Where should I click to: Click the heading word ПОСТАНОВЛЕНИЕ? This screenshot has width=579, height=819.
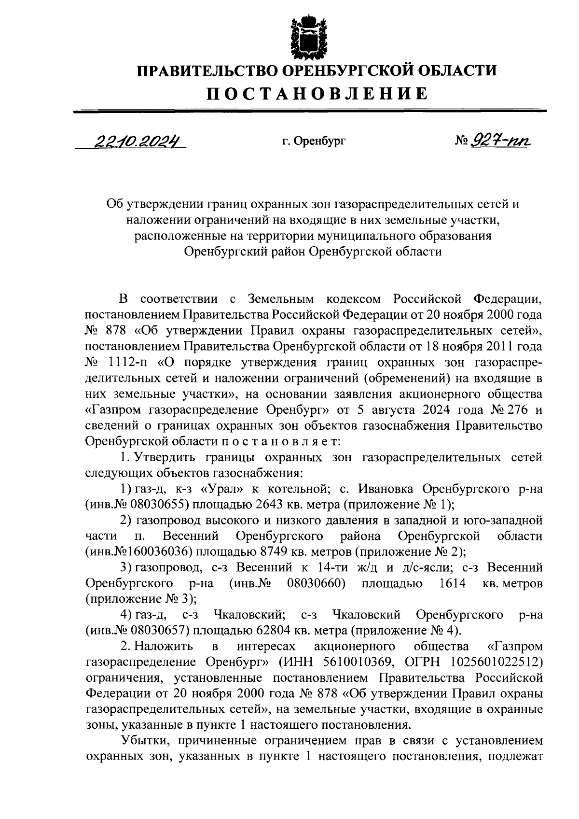pyautogui.click(x=317, y=93)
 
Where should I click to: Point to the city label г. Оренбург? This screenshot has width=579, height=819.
pyautogui.click(x=314, y=141)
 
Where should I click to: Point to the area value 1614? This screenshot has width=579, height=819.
pyautogui.click(x=453, y=583)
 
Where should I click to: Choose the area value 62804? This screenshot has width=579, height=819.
pyautogui.click(x=263, y=631)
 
